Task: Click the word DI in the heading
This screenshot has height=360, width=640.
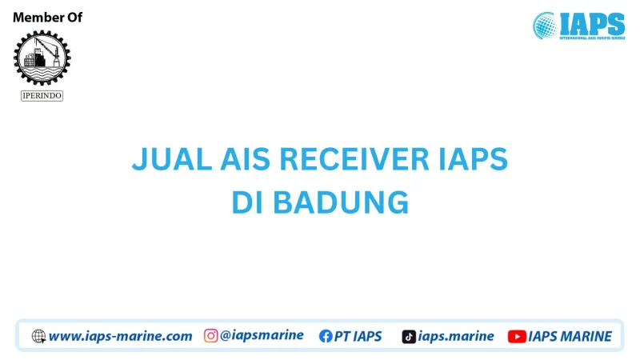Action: [249, 202]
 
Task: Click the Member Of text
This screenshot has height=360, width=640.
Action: [48, 18]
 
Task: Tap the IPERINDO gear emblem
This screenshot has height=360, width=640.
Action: [42, 58]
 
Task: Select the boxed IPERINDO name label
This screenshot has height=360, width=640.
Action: [42, 96]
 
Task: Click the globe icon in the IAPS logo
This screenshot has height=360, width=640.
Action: [546, 25]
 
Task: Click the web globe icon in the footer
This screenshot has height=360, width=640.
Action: [38, 336]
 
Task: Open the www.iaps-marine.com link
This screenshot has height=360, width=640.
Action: [120, 336]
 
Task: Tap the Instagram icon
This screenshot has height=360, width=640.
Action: [211, 336]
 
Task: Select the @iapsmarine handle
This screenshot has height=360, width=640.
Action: [262, 336]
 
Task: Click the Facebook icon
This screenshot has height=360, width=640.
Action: [326, 336]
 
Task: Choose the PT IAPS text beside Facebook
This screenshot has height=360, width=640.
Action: [358, 336]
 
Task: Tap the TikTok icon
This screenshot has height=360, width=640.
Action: [409, 336]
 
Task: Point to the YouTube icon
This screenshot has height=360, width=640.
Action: [516, 336]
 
